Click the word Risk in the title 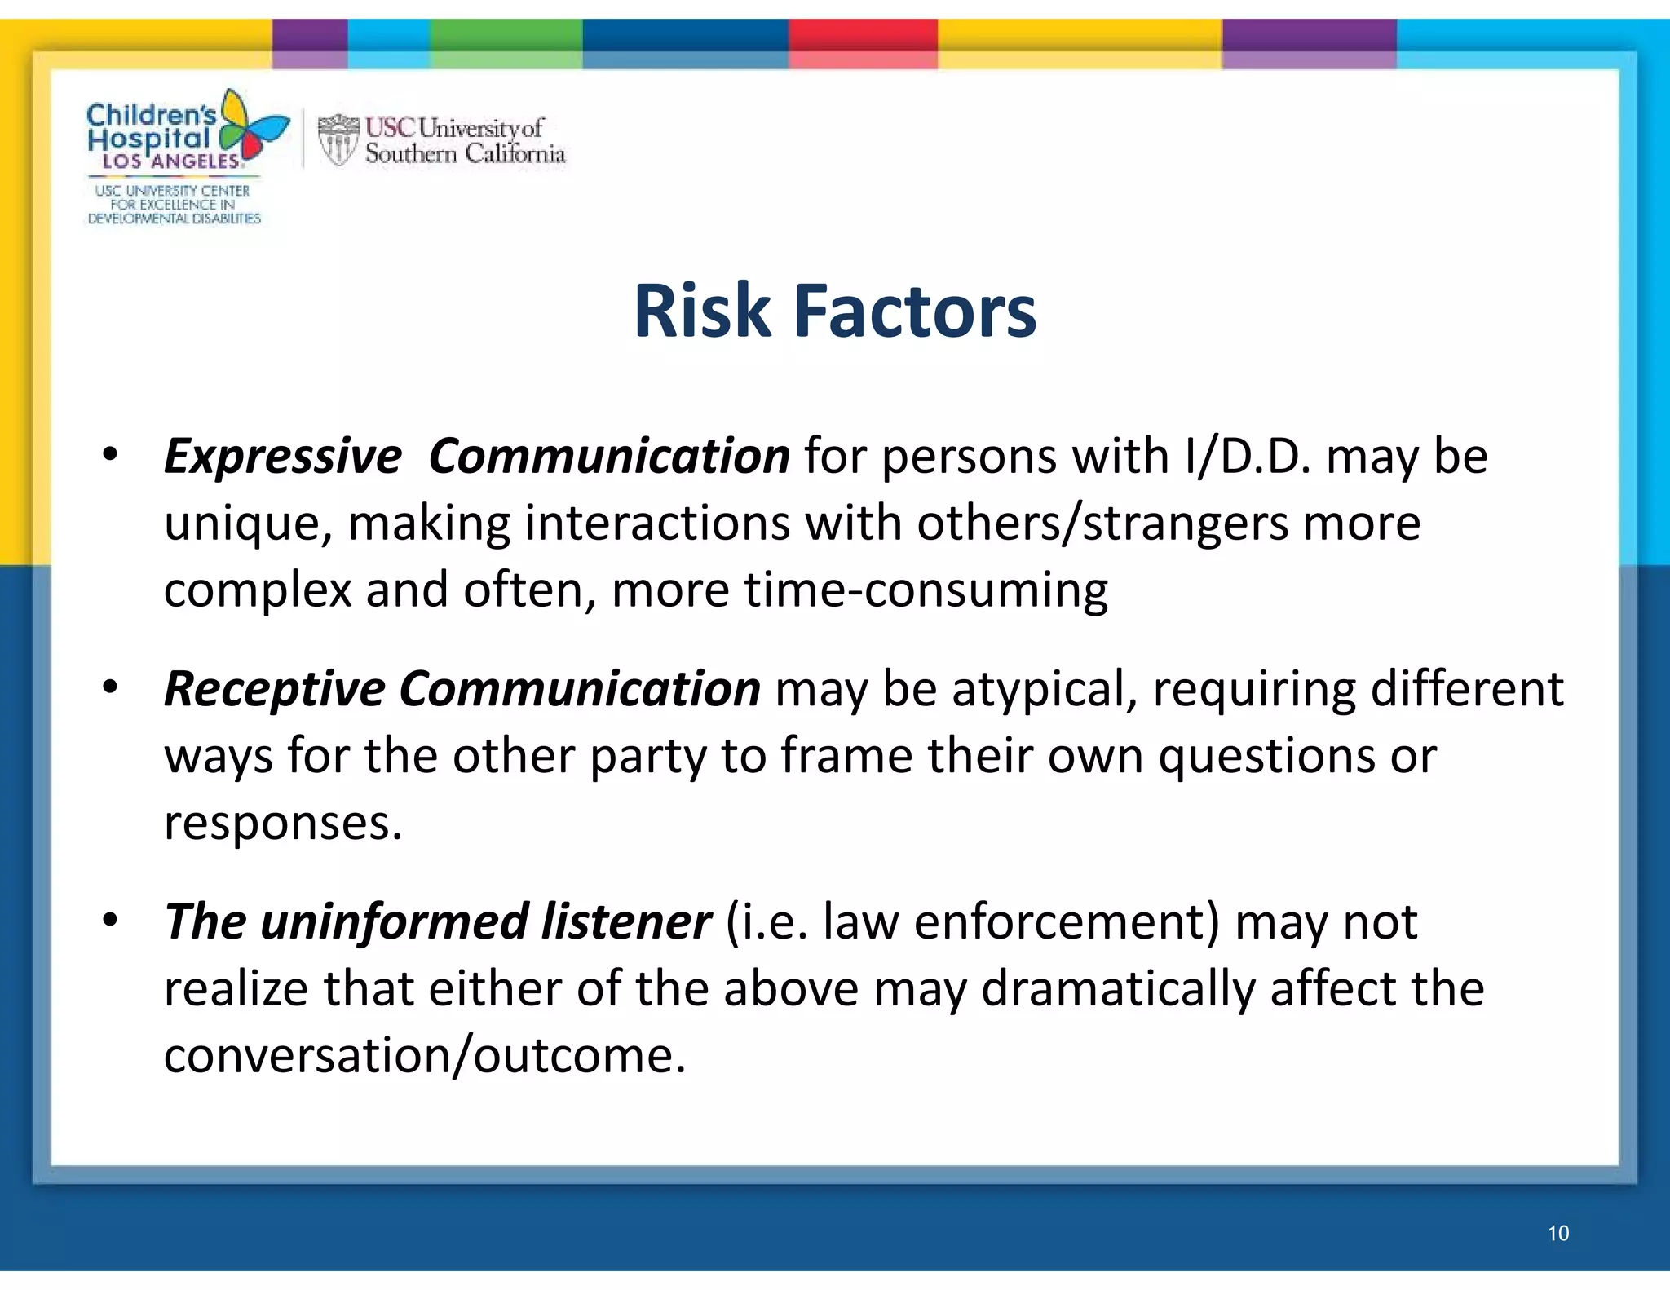click(702, 311)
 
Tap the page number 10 click(1557, 1233)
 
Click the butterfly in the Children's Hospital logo click(254, 128)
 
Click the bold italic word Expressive click(282, 456)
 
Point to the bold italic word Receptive click(274, 689)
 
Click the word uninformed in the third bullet click(395, 922)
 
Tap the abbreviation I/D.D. click(1247, 456)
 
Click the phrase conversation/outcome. click(424, 1056)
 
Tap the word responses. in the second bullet click(283, 824)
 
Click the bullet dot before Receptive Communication click(111, 687)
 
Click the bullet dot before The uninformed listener click(111, 920)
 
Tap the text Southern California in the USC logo click(465, 153)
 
